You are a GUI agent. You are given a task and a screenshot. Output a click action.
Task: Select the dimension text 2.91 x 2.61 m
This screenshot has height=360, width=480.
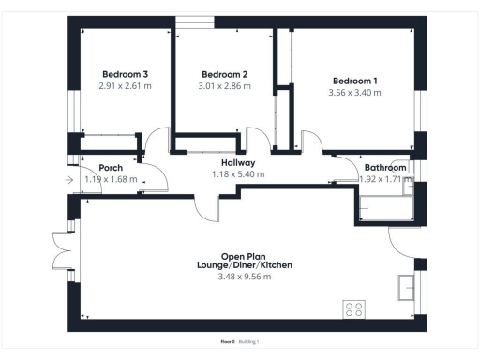pos(125,85)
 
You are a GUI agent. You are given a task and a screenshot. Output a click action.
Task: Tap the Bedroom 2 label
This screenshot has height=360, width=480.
pos(225,74)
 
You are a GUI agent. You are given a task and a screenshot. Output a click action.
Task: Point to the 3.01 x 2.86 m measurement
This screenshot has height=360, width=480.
pos(225,85)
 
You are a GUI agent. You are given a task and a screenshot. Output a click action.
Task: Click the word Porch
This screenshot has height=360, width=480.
pos(97,168)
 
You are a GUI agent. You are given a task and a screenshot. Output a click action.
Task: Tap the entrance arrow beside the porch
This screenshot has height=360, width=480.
pos(69,180)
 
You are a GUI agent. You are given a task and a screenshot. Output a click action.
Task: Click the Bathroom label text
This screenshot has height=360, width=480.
pos(385,168)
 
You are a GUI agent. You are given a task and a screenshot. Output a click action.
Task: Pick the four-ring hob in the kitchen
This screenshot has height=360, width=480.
pos(355,308)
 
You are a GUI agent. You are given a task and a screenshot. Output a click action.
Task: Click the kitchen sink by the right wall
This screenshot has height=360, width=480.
pos(407,284)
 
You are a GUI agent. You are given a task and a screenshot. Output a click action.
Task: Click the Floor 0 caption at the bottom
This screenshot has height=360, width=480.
pos(227,342)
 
